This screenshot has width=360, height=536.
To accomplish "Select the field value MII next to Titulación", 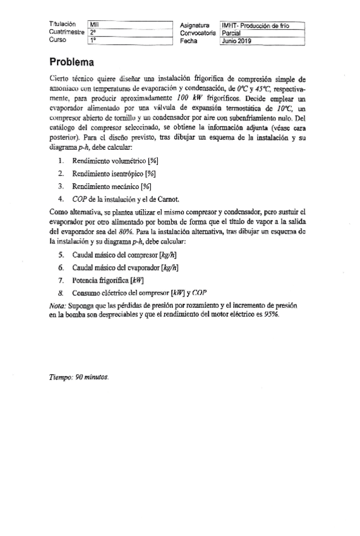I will coord(95,25).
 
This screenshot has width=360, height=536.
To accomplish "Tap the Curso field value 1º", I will coord(93,40).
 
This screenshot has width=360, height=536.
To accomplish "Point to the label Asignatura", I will coord(196,25).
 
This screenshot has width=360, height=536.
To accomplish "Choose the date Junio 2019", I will coord(237,40).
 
